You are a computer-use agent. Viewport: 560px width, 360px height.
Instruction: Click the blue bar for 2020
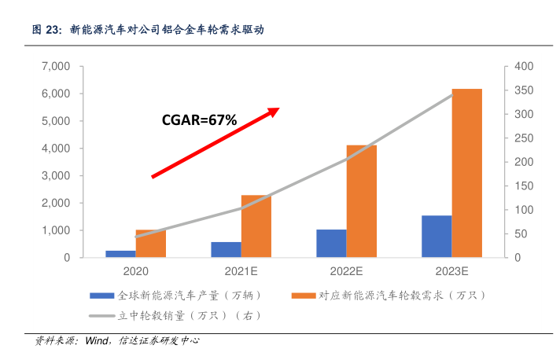point(120,254)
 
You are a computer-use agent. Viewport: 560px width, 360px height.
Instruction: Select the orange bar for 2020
point(150,244)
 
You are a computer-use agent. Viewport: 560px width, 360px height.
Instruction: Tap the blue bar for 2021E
point(226,249)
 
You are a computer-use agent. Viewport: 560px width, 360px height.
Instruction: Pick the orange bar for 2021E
point(256,226)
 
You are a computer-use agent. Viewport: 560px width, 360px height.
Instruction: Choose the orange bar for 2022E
point(361,201)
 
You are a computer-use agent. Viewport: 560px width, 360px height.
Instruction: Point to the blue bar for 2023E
point(437,236)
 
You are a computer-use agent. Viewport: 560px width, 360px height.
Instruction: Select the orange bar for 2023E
point(466,173)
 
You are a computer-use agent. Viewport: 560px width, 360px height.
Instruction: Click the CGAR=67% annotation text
point(199,120)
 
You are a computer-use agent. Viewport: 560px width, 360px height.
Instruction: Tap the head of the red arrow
point(275,111)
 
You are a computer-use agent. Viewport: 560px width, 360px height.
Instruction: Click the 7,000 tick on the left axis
point(57,67)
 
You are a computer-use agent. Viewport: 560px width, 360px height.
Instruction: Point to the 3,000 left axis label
point(57,176)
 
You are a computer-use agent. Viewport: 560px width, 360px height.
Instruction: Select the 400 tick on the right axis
point(523,67)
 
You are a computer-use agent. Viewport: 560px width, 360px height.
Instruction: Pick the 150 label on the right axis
point(523,186)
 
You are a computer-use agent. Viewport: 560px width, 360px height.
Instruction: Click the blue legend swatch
point(102,296)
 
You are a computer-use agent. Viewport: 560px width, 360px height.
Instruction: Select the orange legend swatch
point(304,296)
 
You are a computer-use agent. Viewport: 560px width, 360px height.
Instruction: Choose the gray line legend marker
point(102,316)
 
